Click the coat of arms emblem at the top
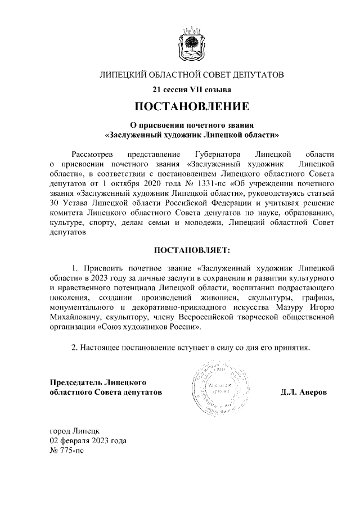191,43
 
